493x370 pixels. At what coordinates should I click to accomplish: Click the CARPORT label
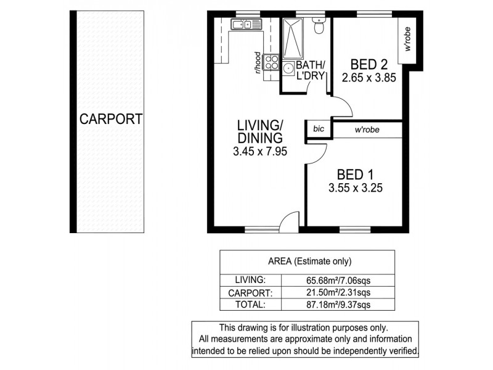click(111, 118)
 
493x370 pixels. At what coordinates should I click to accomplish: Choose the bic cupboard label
click(319, 129)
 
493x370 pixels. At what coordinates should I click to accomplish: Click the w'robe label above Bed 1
click(367, 129)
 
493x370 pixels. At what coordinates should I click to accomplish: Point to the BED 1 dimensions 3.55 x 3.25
click(356, 189)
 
